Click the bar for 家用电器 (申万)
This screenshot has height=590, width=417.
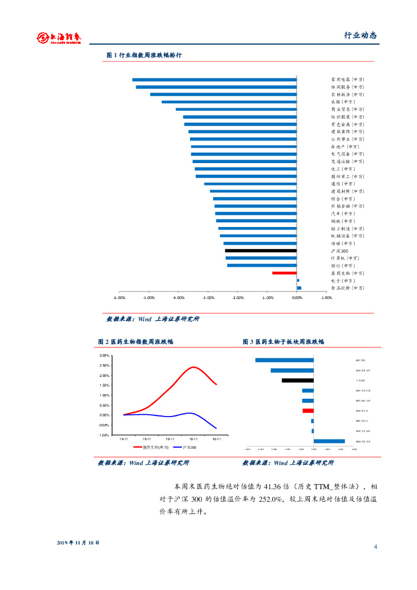point(214,80)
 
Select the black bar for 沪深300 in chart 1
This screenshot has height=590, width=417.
point(260,251)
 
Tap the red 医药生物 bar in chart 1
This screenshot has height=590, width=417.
point(285,273)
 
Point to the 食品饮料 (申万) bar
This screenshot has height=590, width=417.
point(299,288)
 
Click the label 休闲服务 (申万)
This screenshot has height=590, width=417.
point(347,87)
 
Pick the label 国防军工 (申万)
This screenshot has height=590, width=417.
point(347,176)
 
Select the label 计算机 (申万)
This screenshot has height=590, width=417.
point(344,258)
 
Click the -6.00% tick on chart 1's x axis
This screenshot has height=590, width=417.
point(119,298)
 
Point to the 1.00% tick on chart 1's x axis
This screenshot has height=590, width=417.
point(326,298)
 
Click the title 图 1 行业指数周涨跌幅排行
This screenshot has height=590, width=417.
point(144,55)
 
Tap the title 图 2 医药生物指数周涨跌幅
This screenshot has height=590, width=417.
point(135,342)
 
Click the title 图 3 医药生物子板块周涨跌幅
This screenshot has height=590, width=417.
point(283,342)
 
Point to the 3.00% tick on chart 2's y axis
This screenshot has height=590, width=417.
point(104,356)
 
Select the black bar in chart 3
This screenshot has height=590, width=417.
point(298,380)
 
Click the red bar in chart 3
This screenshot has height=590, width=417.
point(308,410)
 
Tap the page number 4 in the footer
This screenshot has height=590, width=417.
point(376,546)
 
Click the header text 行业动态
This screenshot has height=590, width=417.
point(360,35)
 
